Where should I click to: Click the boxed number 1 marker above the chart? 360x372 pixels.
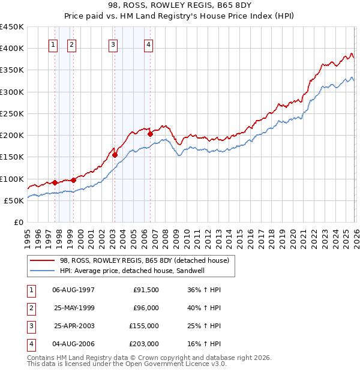click(x=53, y=44)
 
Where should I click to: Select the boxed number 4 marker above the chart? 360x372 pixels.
click(x=148, y=44)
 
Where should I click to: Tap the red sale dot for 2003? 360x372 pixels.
click(x=115, y=155)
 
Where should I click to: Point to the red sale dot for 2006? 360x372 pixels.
click(x=150, y=134)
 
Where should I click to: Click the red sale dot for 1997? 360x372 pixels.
click(x=55, y=182)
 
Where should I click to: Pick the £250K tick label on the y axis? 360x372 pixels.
click(x=12, y=113)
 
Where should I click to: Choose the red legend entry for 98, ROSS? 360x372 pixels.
click(x=144, y=260)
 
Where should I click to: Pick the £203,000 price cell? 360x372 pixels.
click(x=144, y=344)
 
